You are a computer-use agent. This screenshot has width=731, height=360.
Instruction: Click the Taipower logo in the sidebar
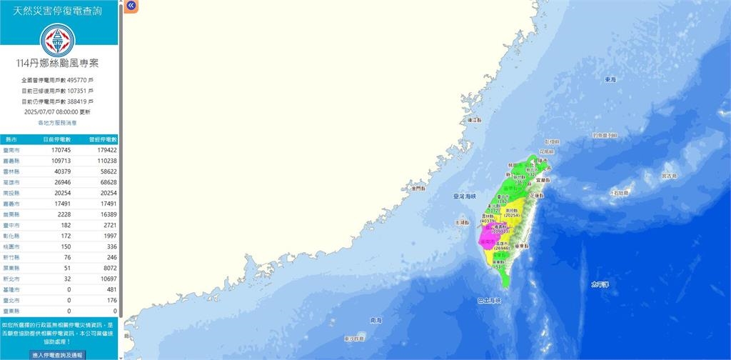pyautogui.click(x=60, y=40)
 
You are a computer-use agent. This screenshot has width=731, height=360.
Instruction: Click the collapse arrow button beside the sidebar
pyautogui.click(x=131, y=6)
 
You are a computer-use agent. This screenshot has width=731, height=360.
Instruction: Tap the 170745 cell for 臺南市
pyautogui.click(x=60, y=151)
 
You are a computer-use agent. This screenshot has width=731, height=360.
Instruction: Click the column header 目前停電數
pyautogui.click(x=60, y=139)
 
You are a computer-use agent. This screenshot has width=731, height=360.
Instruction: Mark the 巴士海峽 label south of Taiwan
pyautogui.click(x=489, y=301)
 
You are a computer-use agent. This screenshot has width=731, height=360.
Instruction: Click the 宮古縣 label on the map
pyautogui.click(x=668, y=174)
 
